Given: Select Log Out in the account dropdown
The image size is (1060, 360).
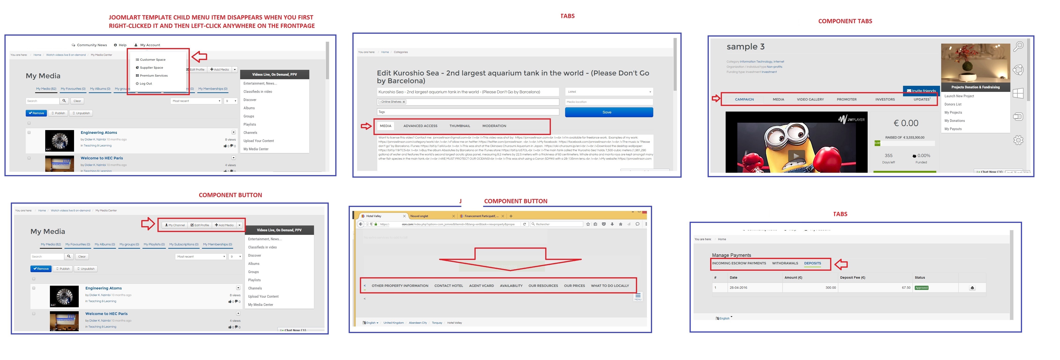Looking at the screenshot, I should (146, 83).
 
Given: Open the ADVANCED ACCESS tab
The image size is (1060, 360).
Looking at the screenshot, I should (420, 126).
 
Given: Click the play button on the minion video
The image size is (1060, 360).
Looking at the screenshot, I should (796, 156).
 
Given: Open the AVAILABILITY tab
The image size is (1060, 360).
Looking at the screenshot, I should (511, 285).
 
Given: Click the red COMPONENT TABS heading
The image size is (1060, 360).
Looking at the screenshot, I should (845, 21).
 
